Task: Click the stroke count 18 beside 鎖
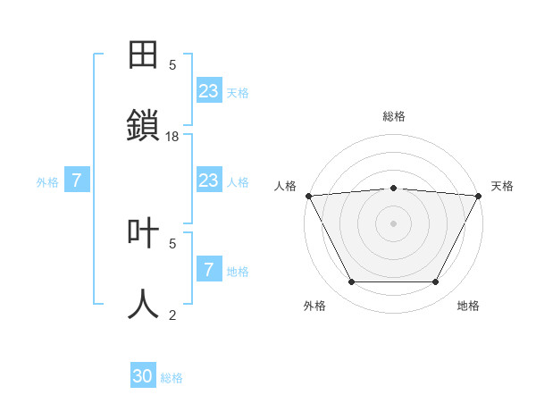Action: tap(172, 136)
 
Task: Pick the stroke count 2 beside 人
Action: tap(172, 315)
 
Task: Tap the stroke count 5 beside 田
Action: tap(172, 64)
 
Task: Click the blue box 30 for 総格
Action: tap(143, 376)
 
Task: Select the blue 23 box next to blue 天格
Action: tap(209, 90)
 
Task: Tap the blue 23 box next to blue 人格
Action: tap(209, 181)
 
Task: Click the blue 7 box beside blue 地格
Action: tap(209, 269)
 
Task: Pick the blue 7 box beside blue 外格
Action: tap(77, 181)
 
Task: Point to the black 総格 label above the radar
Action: tap(393, 116)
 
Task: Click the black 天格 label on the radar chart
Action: tap(502, 186)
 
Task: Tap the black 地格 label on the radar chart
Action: tap(468, 306)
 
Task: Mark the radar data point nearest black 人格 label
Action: tap(308, 196)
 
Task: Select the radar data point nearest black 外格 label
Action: tap(351, 282)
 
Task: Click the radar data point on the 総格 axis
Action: tap(393, 188)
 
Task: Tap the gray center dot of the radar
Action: tap(393, 223)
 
